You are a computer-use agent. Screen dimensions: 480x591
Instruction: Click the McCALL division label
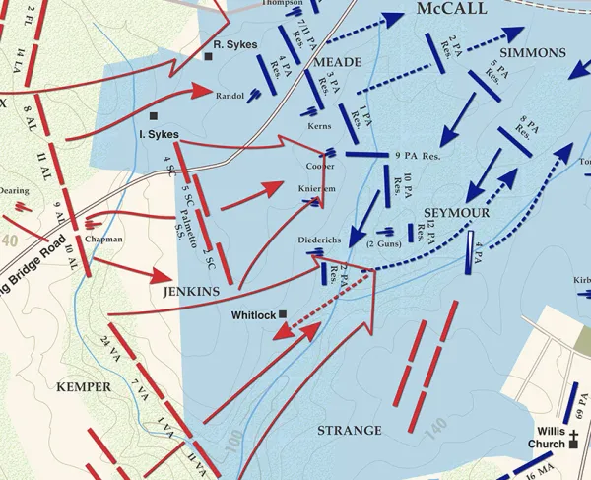452,9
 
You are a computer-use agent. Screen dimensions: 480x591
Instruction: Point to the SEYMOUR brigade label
457,213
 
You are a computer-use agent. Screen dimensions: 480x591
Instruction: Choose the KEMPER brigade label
84,386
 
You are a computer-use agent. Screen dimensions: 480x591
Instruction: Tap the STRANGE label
350,431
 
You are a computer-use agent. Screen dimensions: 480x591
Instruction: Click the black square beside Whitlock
283,314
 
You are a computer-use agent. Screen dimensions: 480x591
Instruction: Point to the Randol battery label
229,96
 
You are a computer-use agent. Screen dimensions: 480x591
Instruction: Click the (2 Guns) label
383,243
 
